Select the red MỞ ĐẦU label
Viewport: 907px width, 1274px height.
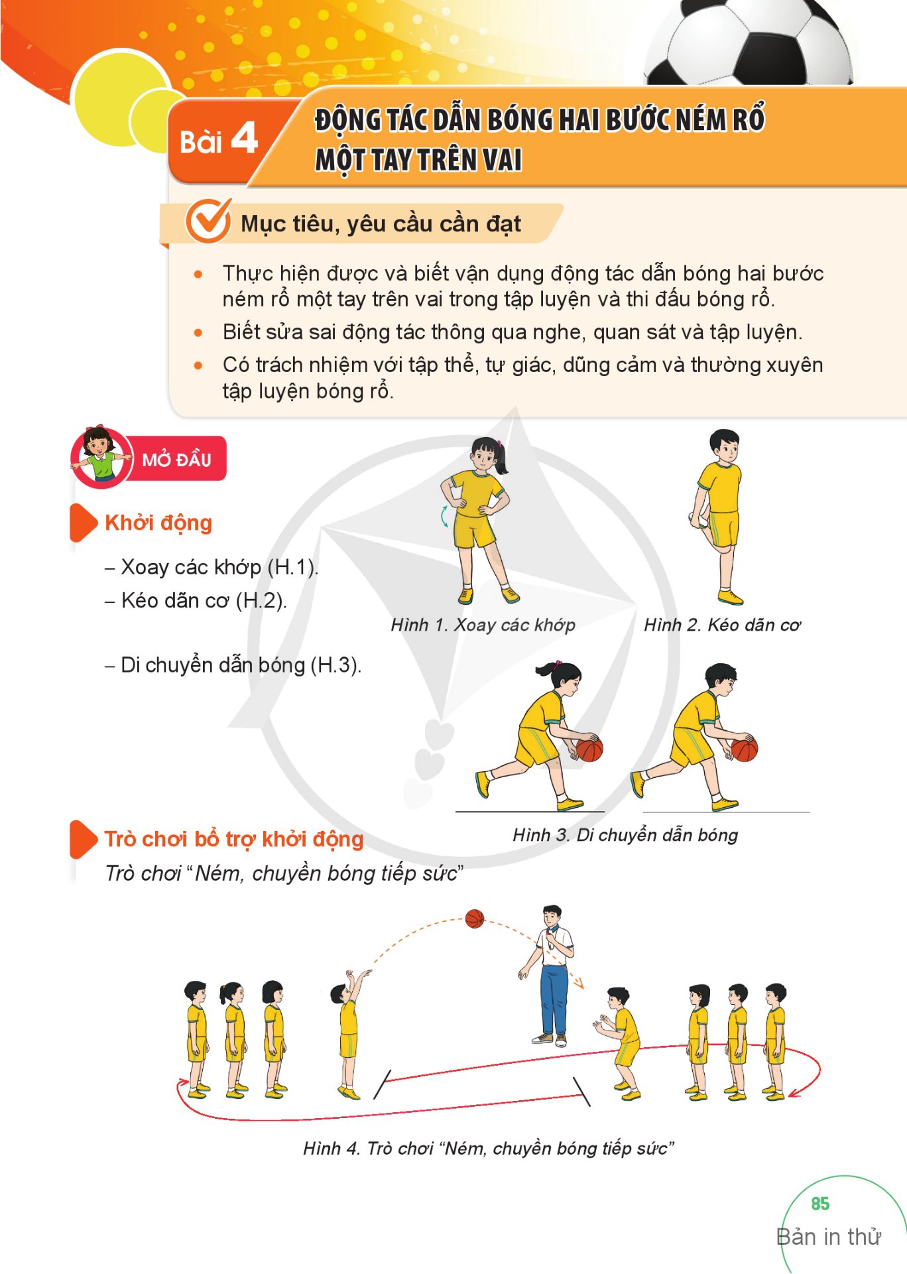[x=176, y=459]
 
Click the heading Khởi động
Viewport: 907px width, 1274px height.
[x=158, y=523]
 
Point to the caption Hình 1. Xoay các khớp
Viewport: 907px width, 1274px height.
[x=483, y=625]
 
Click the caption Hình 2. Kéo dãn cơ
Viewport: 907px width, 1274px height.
[x=722, y=625]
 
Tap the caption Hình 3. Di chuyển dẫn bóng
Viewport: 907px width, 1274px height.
[x=625, y=835]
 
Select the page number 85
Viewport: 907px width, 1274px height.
[x=820, y=1204]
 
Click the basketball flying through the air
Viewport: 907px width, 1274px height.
[x=475, y=919]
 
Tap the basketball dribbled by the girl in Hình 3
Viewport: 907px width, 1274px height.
[x=589, y=749]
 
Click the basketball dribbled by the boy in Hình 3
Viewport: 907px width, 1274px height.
[x=745, y=749]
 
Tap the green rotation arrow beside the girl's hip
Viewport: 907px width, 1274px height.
[x=445, y=516]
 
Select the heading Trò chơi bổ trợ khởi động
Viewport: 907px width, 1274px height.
[x=234, y=839]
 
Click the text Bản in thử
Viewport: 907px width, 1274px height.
[x=829, y=1237]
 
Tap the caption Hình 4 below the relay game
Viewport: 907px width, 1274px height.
[x=489, y=1148]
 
